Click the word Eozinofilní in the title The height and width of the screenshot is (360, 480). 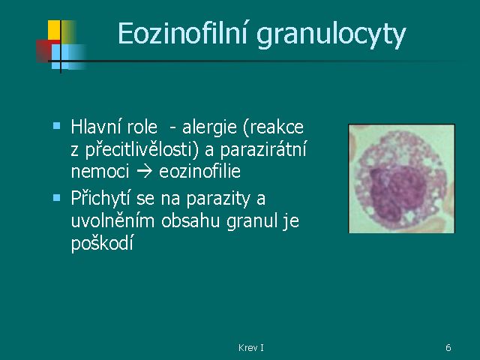point(182,33)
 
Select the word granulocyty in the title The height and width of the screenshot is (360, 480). point(331,36)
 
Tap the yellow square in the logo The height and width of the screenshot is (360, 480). point(54,30)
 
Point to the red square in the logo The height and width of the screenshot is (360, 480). point(43,51)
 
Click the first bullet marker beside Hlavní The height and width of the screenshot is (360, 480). point(57,125)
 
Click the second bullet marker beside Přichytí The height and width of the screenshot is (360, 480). point(57,197)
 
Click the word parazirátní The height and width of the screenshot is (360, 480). point(263,150)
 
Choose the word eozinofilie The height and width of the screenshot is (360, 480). point(200,171)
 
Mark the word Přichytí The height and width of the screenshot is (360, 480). point(101,198)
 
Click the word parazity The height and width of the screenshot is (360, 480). point(218,199)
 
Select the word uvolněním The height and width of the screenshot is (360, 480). point(112,220)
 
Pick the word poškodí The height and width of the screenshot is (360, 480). point(102,243)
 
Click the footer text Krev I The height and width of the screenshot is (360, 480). point(251,348)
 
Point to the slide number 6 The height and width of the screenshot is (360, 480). point(448,348)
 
